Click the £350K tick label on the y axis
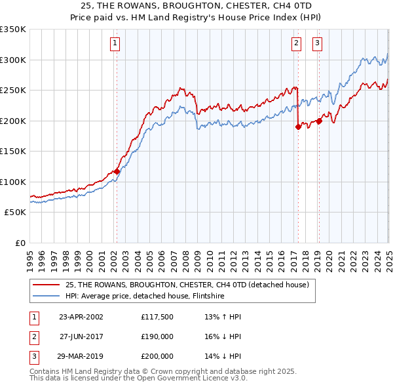pyautogui.click(x=12, y=30)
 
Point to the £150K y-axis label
pyautogui.click(x=12, y=152)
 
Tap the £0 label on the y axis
pyautogui.click(x=20, y=243)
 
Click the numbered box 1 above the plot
pyautogui.click(x=115, y=44)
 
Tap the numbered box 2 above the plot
pyautogui.click(x=296, y=44)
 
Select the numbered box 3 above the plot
pyautogui.click(x=317, y=44)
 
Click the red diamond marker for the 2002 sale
pyautogui.click(x=117, y=171)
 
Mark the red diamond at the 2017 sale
pyautogui.click(x=298, y=127)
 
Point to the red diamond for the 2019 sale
pyautogui.click(x=319, y=121)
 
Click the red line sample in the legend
pyautogui.click(x=47, y=285)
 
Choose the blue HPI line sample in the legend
pyautogui.click(x=47, y=296)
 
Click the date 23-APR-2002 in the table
pyautogui.click(x=81, y=316)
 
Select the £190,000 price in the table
pyautogui.click(x=157, y=336)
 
